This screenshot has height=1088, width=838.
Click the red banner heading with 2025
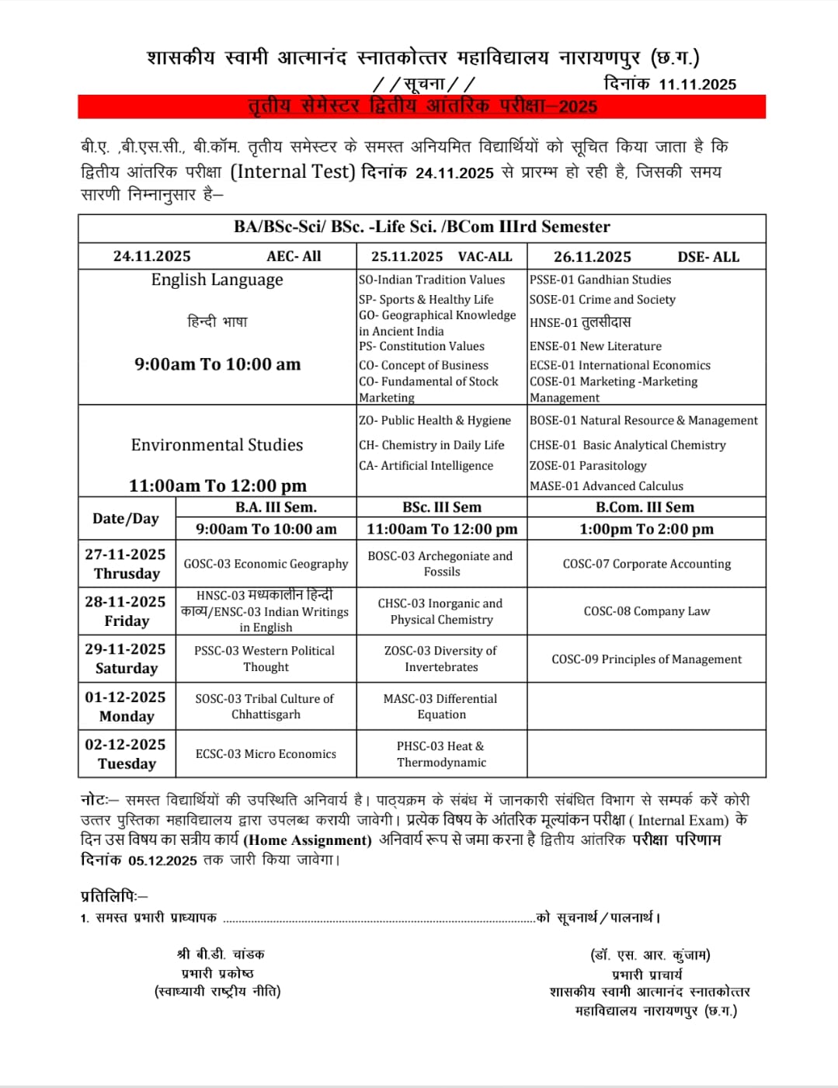point(422,106)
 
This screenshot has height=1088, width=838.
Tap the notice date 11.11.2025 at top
point(697,85)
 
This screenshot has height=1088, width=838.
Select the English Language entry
point(217,280)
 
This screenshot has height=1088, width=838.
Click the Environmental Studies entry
point(217,445)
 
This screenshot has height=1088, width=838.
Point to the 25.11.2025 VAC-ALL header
point(441,256)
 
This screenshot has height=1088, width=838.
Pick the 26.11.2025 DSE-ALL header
point(645,257)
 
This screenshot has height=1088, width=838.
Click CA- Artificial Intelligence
point(426,466)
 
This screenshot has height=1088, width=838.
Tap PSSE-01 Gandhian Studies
point(600,280)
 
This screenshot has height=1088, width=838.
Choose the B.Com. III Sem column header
point(645,508)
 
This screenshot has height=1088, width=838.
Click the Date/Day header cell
point(126,519)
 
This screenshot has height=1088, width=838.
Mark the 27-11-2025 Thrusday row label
point(126,564)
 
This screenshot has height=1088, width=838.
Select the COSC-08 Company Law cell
point(646,611)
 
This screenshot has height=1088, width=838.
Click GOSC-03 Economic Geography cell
point(266,564)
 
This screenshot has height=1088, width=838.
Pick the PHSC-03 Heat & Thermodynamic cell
point(441,754)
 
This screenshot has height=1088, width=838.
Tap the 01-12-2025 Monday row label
point(126,707)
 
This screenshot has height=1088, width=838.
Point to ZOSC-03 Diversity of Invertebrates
point(441,659)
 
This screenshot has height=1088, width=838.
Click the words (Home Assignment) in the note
point(308,840)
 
